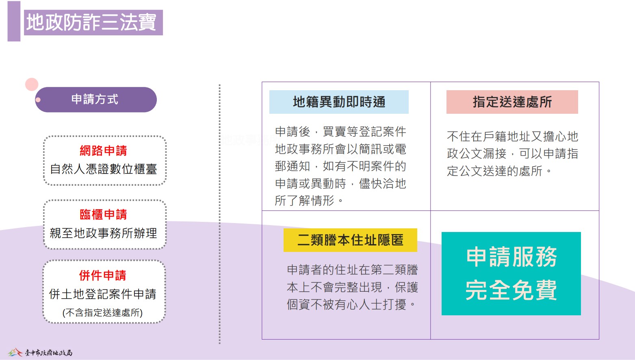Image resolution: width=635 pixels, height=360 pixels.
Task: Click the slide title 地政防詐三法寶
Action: pos(91,22)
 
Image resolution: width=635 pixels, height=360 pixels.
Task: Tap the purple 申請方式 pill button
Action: pos(96,100)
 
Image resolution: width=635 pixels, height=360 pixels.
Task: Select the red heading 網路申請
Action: pos(104,150)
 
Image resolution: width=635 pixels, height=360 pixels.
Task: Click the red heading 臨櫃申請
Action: pos(104,214)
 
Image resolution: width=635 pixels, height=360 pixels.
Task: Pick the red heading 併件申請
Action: pos(103,275)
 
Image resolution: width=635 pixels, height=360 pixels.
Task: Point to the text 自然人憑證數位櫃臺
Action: pos(104,169)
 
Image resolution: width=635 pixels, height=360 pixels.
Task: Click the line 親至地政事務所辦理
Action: pos(104,233)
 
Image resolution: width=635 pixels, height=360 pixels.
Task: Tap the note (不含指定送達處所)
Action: pos(103,312)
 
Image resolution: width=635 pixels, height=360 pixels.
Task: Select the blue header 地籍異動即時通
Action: pos(339,102)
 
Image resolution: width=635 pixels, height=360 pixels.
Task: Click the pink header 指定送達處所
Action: pos(512,102)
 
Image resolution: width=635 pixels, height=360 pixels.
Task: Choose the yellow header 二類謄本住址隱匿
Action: pos(350,240)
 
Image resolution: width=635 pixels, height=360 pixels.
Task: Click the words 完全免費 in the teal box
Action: pos(511,290)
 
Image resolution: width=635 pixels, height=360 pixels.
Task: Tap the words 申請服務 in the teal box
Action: pos(511,257)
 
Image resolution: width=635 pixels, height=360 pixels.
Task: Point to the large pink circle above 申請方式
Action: pos(32,85)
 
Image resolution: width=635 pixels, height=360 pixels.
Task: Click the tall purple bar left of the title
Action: pos(14,21)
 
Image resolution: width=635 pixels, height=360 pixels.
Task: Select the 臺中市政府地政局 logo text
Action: pos(48,353)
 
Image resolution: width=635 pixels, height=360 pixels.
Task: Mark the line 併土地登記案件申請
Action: pos(103,294)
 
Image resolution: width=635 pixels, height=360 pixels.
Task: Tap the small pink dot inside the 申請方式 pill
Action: pos(38,100)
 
